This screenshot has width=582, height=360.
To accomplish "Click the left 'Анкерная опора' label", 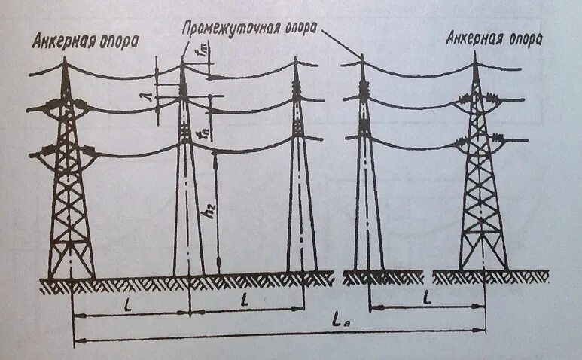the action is (x=85, y=41).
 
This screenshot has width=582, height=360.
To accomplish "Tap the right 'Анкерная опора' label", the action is (x=494, y=37).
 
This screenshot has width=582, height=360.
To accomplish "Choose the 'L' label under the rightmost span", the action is (x=427, y=297).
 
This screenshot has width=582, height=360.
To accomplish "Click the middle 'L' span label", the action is (x=245, y=301).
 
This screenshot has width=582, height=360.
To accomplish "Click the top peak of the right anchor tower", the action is (x=476, y=57).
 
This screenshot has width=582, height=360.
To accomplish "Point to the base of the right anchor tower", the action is (x=483, y=268).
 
